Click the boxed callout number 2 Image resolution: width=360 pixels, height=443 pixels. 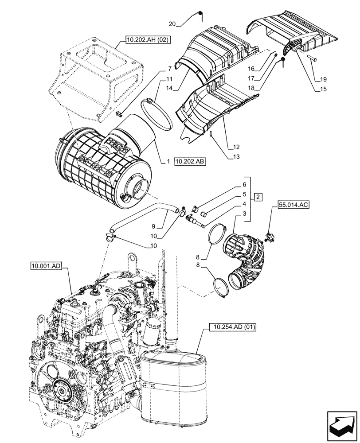(x=258, y=196)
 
